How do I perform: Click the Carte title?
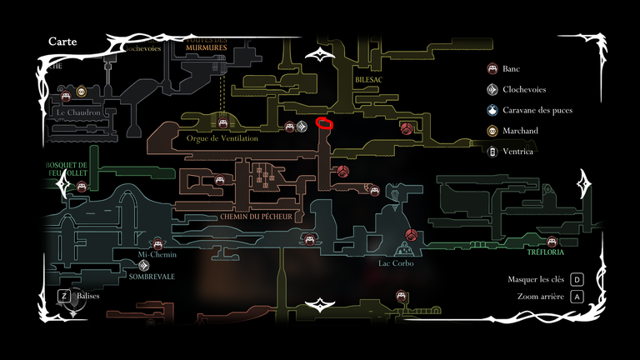coord(63,42)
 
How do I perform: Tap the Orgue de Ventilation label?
coord(222,138)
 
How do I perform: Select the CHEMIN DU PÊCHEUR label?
coord(256,217)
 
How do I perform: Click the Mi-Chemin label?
coord(157,255)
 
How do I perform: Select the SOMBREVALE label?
coord(152,277)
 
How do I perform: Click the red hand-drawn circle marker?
coord(325,125)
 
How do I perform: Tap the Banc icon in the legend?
coord(492,68)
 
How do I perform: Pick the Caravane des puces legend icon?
coord(492,110)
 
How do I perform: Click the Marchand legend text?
coord(520,131)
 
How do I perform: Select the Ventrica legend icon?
coord(492,152)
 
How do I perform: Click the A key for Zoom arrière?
coord(577,296)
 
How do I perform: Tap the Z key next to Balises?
coord(63,295)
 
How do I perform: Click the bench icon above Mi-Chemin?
coord(158,243)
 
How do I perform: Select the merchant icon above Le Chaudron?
coord(82,92)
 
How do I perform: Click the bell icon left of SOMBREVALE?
coord(121,267)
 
